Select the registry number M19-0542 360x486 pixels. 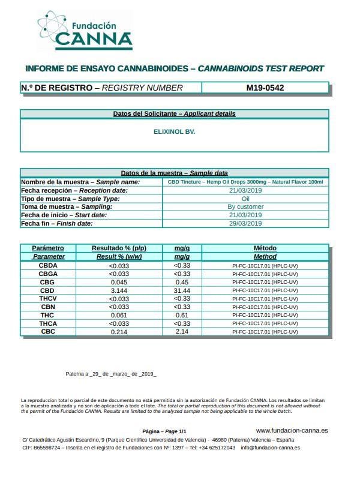265,88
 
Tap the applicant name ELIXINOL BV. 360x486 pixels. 175,131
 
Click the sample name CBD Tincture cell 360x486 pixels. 245,182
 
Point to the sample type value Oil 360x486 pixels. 245,199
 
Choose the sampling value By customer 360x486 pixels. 245,207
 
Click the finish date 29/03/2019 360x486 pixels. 245,224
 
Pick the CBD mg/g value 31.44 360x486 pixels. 182,290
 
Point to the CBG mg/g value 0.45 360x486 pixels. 182,282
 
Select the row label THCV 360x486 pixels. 48,299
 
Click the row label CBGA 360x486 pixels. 48,274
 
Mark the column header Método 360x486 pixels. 265,248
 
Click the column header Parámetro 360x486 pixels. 48,248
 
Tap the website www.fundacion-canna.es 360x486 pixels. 292,430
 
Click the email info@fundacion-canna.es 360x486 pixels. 271,448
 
